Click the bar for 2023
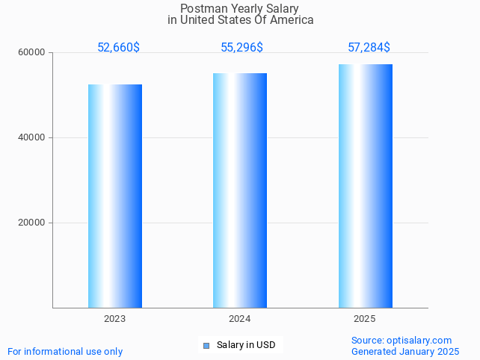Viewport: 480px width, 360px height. click(115, 196)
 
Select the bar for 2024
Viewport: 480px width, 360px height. click(240, 190)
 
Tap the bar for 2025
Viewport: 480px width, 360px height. click(365, 186)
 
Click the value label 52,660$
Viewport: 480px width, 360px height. click(118, 48)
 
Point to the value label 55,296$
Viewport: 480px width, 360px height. click(241, 48)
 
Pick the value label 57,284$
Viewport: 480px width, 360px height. click(369, 48)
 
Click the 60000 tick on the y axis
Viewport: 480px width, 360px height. click(33, 52)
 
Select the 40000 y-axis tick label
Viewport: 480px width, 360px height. click(33, 137)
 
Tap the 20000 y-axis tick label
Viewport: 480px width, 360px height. click(33, 223)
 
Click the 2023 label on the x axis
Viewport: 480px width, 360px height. click(115, 319)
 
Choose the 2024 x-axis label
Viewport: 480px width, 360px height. click(240, 319)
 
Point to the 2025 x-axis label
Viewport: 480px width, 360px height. click(365, 319)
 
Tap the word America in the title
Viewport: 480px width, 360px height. click(292, 20)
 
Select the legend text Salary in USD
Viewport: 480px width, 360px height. click(246, 345)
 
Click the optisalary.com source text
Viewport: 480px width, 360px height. click(419, 341)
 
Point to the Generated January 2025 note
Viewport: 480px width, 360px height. click(405, 351)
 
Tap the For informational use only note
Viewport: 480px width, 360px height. click(65, 351)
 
